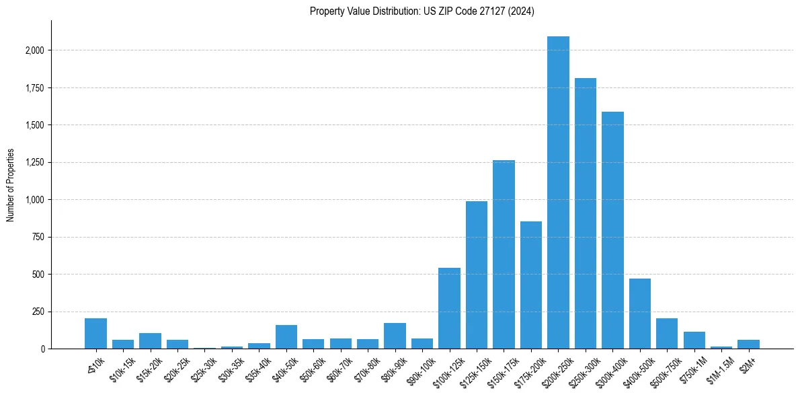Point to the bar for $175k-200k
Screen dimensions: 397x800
[x=531, y=285]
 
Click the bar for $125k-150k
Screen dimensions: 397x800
[x=477, y=275]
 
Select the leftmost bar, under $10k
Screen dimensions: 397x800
[x=95, y=334]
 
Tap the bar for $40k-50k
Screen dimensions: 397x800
[x=286, y=337]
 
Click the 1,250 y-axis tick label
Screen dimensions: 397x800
[x=36, y=162]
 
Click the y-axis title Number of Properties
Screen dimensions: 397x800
[x=10, y=185]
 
